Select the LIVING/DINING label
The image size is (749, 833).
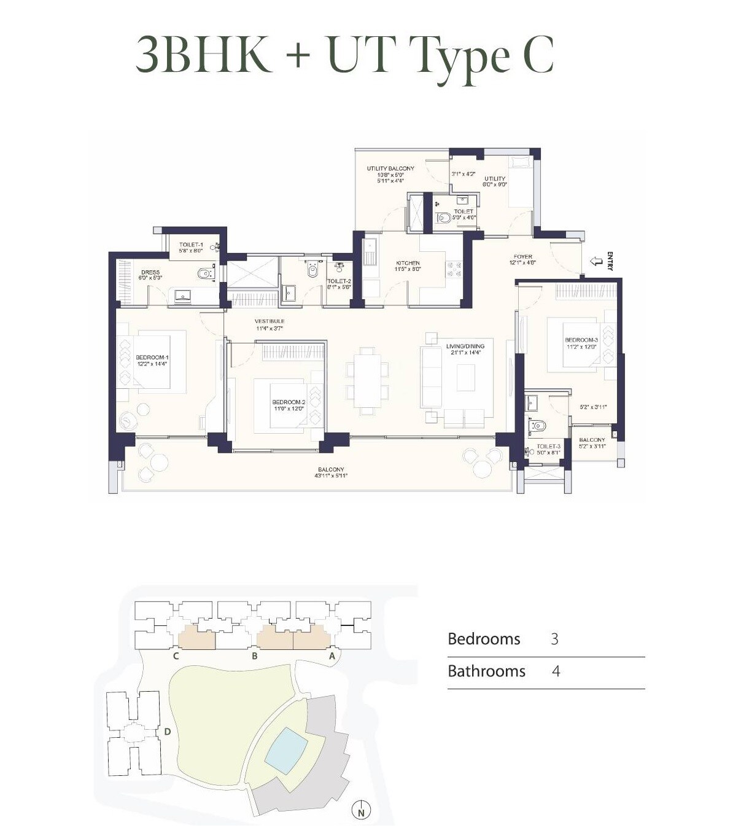coord(465,346)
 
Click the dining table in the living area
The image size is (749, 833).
coord(367,381)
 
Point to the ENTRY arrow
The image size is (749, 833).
coord(596,262)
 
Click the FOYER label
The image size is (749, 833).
coord(523,256)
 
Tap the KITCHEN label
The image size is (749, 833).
coord(408,263)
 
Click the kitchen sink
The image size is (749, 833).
coord(370,251)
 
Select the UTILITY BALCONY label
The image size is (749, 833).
coord(390,168)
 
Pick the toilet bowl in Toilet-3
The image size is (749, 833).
coord(538,425)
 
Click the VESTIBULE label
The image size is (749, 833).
coord(270,321)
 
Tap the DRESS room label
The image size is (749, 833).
coord(150,272)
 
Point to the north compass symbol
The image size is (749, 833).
coord(362,811)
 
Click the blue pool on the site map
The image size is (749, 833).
coord(286,746)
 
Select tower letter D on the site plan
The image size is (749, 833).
coord(167,731)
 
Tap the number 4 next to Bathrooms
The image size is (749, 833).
coord(556,671)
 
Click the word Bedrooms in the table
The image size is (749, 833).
coord(484,639)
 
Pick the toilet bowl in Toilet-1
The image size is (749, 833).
coord(203,273)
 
